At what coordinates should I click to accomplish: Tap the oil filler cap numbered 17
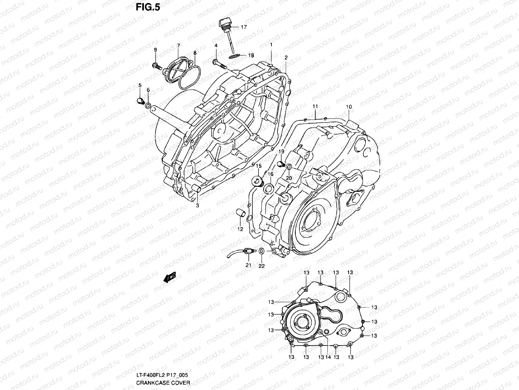point(225,24)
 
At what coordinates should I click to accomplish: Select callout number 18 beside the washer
point(260,56)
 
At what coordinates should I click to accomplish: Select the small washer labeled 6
point(148,105)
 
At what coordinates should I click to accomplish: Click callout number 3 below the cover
point(197,205)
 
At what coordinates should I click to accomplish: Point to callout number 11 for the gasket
point(315,107)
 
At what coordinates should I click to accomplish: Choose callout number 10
point(349,107)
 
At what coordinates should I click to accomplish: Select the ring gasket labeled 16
point(269,188)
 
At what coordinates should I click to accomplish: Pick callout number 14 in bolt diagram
point(328,357)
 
